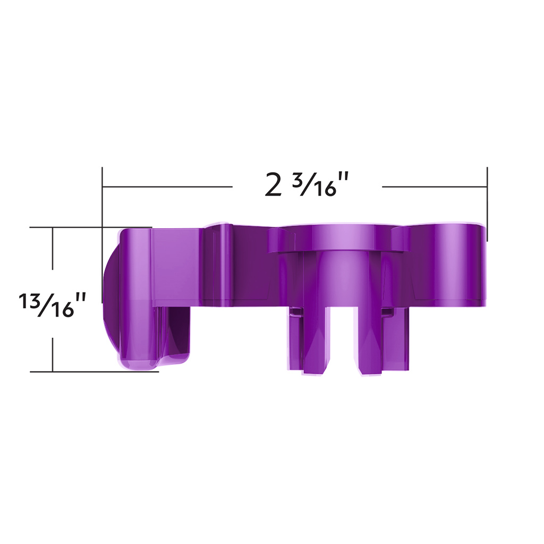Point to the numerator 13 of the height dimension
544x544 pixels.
tap(29, 300)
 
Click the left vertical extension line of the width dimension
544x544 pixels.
tap(103, 212)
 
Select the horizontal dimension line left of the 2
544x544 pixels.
tap(167, 187)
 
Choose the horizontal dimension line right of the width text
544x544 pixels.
tap(435, 187)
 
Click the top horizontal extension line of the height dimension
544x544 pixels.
tap(74, 227)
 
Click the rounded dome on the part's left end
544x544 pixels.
tap(109, 297)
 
